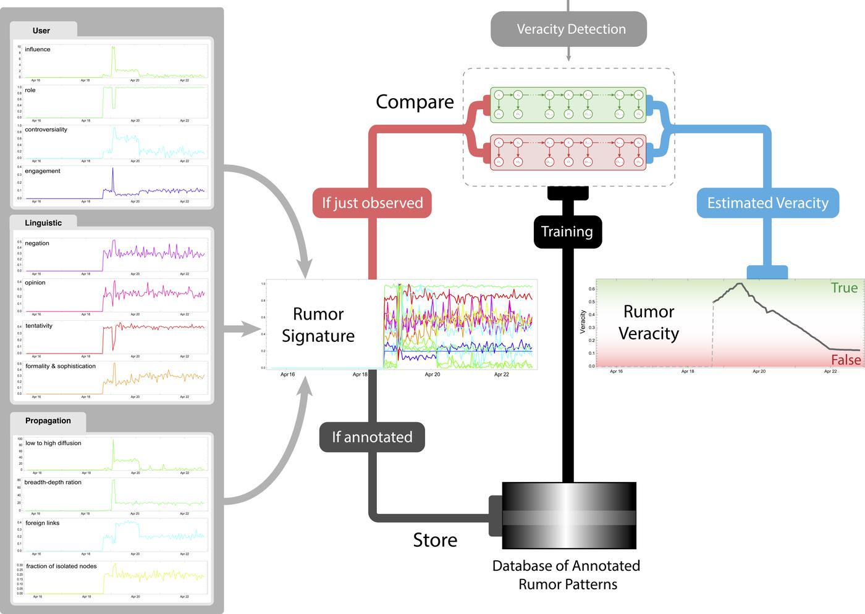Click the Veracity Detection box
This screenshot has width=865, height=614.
[568, 29]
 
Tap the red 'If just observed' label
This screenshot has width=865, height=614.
[372, 203]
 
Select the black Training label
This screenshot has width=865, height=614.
[567, 231]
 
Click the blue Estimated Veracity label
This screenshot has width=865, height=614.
[767, 203]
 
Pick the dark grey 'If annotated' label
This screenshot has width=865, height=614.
[372, 437]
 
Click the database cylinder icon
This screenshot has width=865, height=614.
[568, 516]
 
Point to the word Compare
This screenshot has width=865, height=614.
[415, 102]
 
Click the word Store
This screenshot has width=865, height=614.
[435, 540]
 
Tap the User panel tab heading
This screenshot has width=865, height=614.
[41, 30]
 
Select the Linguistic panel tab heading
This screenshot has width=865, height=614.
[43, 223]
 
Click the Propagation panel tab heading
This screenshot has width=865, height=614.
[48, 421]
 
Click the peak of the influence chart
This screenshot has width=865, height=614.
[113, 48]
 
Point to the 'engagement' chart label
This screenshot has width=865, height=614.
[43, 171]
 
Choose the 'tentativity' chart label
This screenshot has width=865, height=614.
[39, 326]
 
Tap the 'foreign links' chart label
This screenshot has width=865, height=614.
[43, 523]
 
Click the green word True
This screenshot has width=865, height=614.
[844, 288]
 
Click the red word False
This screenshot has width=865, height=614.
[846, 360]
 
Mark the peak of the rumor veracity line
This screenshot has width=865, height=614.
[739, 284]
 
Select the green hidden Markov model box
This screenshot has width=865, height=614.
[568, 104]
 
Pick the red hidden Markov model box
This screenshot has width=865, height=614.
[568, 152]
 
